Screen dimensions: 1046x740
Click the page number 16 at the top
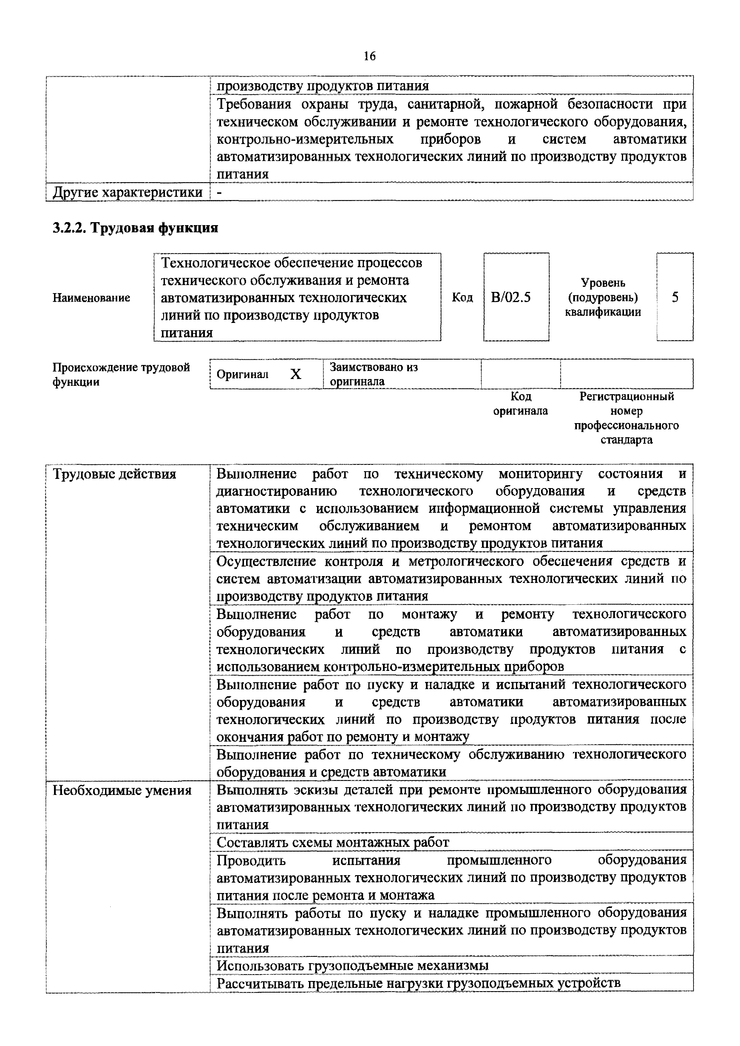pos(370,56)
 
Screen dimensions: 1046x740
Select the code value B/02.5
pos(511,298)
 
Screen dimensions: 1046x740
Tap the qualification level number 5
pos(675,298)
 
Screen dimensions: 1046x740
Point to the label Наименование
pos(92,298)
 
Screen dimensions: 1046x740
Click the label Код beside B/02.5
pos(462,298)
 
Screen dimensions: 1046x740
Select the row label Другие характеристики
pos(128,192)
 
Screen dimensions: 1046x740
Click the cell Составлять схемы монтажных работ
pos(333,842)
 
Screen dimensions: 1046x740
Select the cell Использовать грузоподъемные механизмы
pos(352,965)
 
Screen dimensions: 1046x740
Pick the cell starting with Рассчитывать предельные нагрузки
pos(418,983)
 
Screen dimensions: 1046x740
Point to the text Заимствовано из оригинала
pos(374,374)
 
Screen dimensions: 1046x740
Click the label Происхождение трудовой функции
pos(121,374)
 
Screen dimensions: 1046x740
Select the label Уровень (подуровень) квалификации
pos(602,298)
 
